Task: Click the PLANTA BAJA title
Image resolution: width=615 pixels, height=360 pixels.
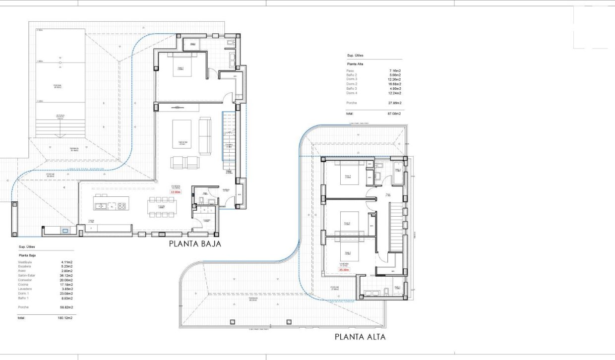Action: point(194,243)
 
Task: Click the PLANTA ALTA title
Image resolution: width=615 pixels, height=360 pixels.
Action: point(360,337)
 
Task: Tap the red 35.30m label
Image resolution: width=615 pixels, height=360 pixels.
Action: point(344,270)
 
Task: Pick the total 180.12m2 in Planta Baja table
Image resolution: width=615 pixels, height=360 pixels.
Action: point(65,318)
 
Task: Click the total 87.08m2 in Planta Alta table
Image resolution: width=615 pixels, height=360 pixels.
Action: point(395,114)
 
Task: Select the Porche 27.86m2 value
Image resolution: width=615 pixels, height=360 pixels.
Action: point(395,103)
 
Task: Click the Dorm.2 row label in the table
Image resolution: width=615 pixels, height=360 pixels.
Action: point(352,84)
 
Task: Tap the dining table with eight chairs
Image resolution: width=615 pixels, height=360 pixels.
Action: point(161,207)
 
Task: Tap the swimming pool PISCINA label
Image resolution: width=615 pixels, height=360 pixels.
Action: point(58,86)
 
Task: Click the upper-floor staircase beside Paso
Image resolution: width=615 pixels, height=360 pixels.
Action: point(395,227)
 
